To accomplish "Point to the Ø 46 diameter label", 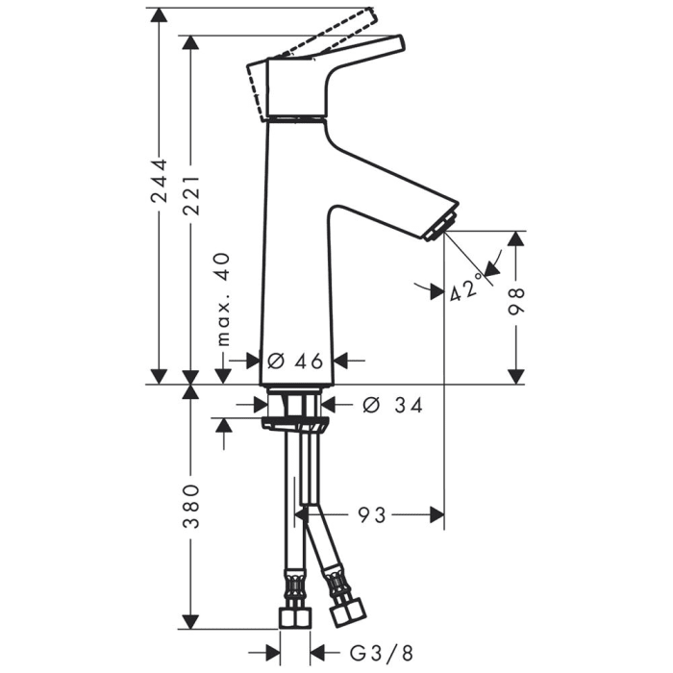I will pyautogui.click(x=294, y=361).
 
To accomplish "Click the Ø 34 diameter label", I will pyautogui.click(x=392, y=405).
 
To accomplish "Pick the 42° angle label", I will pyautogui.click(x=465, y=287).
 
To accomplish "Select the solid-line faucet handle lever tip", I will pyautogui.click(x=396, y=43).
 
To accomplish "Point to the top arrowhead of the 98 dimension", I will pyautogui.click(x=517, y=238).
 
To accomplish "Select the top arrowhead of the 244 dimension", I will pyautogui.click(x=160, y=14).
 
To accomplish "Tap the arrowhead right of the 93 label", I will pyautogui.click(x=436, y=516).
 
